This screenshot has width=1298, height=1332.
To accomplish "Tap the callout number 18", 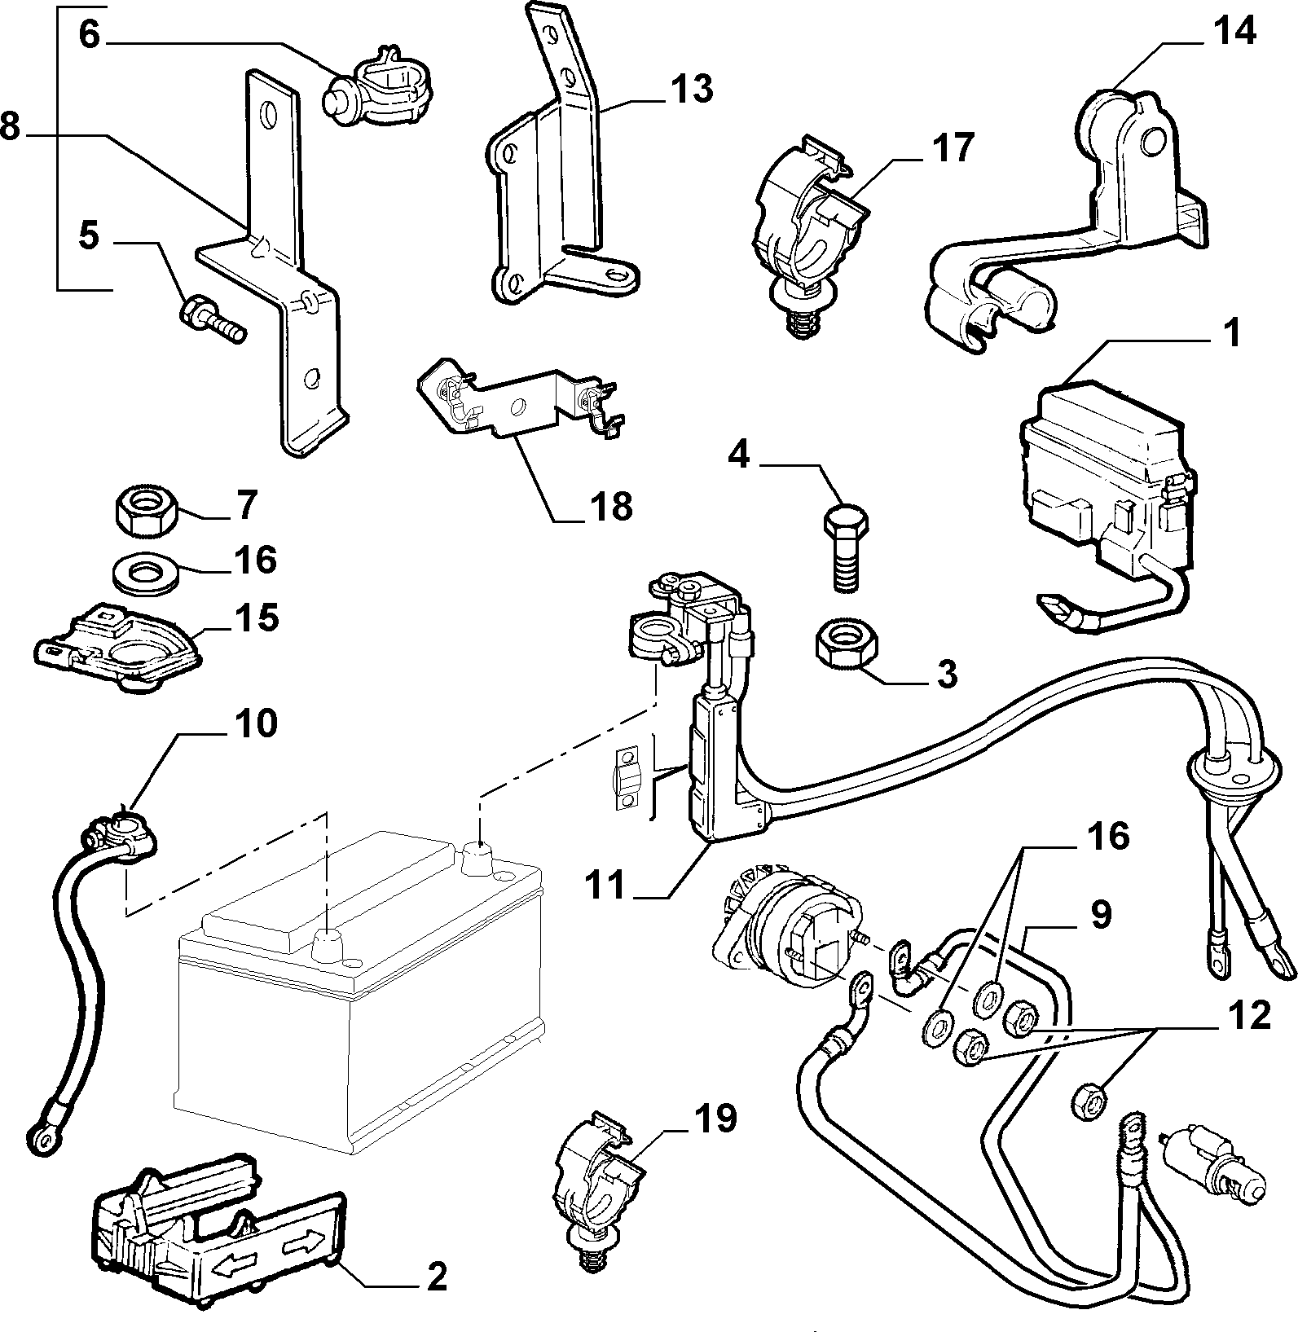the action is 611,506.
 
